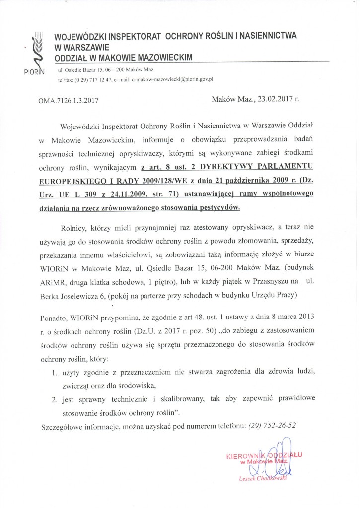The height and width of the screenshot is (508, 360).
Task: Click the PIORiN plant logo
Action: [35, 50]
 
